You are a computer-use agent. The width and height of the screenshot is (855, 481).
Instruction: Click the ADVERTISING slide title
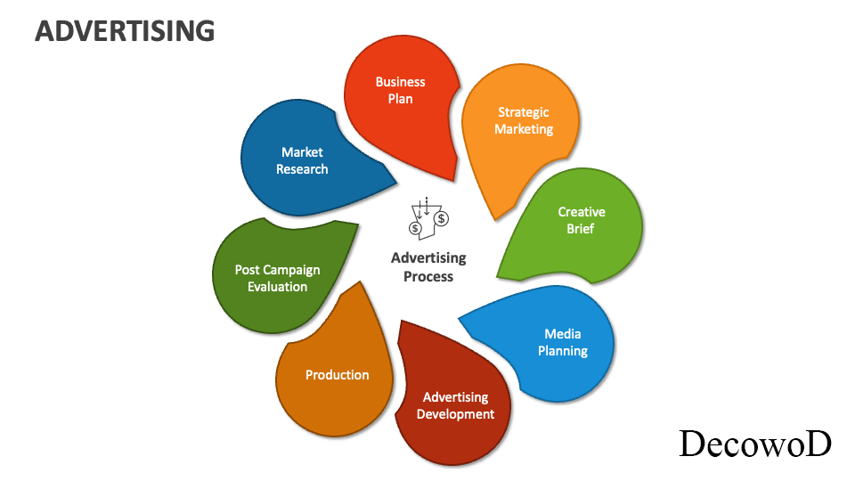[x=125, y=30]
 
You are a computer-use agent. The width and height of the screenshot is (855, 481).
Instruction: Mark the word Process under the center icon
[x=428, y=277]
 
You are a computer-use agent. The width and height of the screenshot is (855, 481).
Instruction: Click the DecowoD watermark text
[x=755, y=444]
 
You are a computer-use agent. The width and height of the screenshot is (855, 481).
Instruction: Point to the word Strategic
[x=524, y=112]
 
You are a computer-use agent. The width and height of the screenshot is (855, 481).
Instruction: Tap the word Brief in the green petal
[x=581, y=229]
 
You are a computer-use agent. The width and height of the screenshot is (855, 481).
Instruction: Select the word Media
[x=563, y=334]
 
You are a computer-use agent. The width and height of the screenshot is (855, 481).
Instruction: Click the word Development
[x=455, y=414]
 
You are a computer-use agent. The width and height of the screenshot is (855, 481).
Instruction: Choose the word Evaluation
[x=278, y=287]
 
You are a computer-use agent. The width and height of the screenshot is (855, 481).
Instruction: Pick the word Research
[x=302, y=169]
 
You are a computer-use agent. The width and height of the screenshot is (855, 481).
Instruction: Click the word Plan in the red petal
[x=401, y=99]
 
